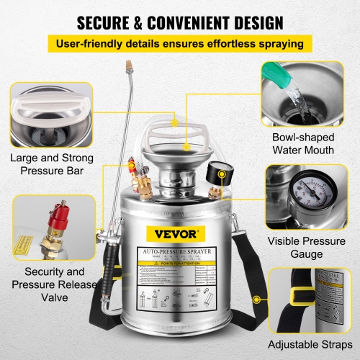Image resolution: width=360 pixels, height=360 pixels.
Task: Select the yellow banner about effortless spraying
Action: click(x=179, y=44)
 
